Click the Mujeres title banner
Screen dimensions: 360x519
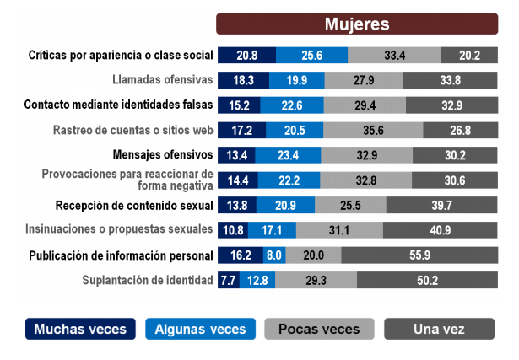(357, 24)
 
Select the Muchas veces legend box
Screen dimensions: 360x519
(80, 329)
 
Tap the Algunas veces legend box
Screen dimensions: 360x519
(199, 329)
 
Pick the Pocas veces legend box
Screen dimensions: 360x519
(318, 329)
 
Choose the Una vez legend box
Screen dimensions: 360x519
(438, 329)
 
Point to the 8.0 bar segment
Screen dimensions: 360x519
(274, 255)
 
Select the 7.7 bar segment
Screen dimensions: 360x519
(228, 281)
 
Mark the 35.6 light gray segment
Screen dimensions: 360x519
(372, 131)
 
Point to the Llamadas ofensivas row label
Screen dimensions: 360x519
(162, 81)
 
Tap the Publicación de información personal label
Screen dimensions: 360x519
(121, 255)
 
